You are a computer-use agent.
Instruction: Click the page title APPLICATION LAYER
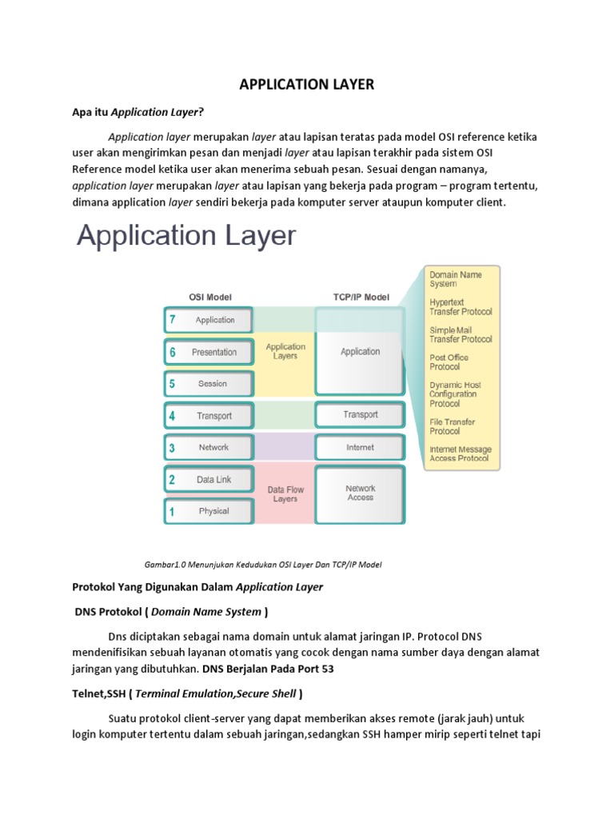click(306, 85)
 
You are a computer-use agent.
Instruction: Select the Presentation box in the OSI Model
click(209, 352)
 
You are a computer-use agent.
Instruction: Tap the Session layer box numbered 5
click(209, 384)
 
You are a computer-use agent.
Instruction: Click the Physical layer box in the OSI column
click(209, 511)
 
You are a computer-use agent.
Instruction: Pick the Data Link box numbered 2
click(209, 479)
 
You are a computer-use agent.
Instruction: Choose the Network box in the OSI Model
click(209, 447)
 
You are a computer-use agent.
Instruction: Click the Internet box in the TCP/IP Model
click(360, 447)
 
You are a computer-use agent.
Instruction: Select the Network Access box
click(360, 494)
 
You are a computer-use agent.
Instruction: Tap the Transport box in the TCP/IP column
click(360, 415)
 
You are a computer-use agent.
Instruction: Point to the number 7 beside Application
click(173, 320)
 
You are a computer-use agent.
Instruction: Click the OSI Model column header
click(210, 298)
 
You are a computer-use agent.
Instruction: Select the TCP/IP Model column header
click(361, 298)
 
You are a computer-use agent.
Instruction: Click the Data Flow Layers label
click(285, 494)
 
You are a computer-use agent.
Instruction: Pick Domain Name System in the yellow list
click(455, 279)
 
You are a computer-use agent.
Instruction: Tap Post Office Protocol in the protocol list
click(449, 362)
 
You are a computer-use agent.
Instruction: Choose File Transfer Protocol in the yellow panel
click(453, 426)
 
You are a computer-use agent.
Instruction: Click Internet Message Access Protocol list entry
click(460, 453)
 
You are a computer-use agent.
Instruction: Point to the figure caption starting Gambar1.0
click(263, 565)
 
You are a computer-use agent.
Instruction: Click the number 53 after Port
click(327, 669)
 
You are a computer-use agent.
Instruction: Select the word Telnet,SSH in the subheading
click(98, 693)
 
